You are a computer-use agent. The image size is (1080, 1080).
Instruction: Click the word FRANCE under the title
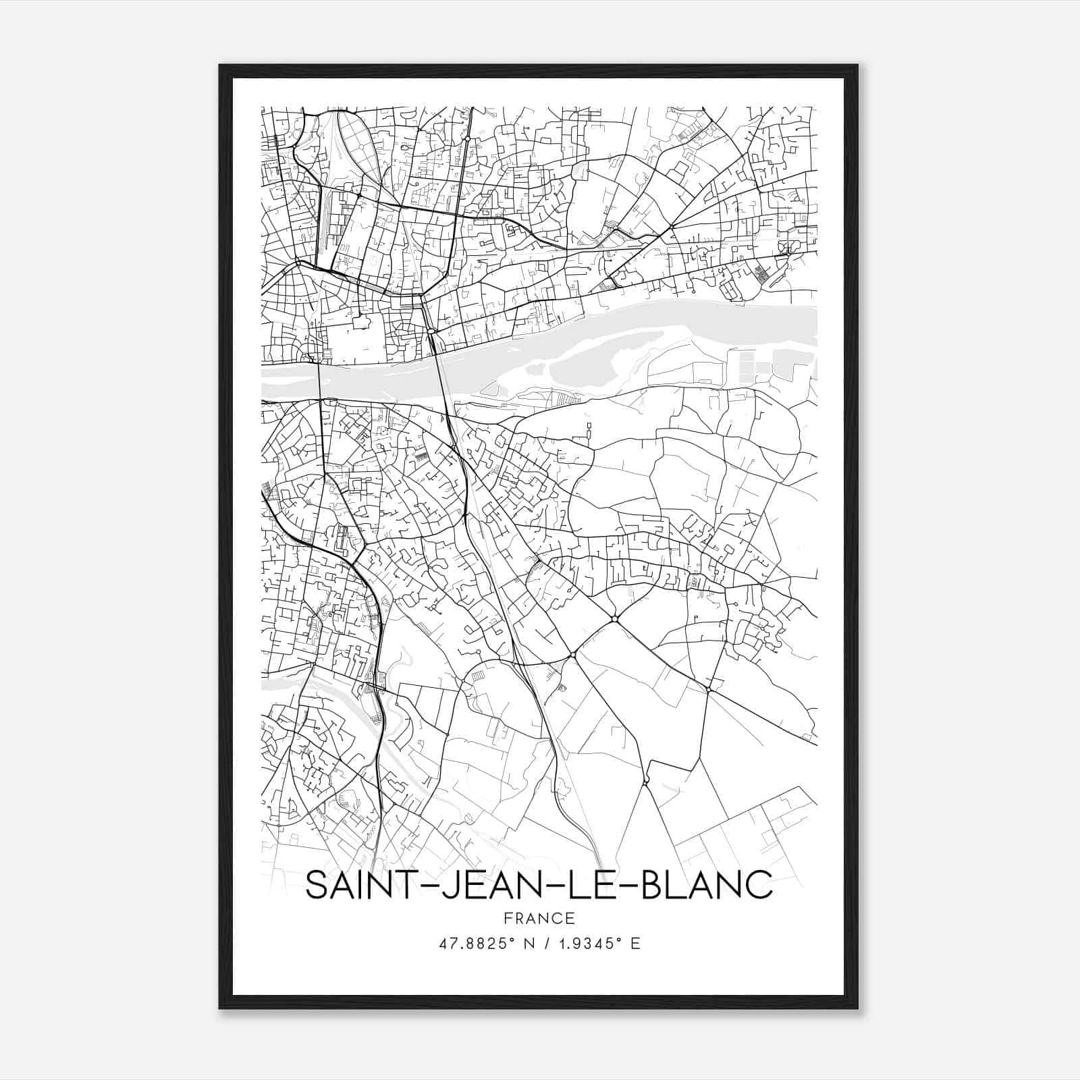539,918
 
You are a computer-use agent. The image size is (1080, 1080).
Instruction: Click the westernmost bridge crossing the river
319,381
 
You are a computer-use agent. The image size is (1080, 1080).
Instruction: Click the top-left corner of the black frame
221,66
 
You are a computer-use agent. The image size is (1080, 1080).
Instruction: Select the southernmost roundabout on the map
646,781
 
